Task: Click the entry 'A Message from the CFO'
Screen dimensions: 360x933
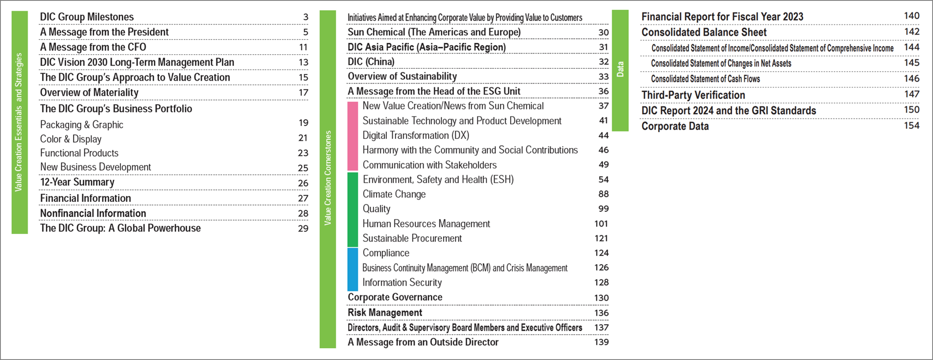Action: click(93, 47)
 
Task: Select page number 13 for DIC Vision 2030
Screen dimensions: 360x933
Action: click(303, 62)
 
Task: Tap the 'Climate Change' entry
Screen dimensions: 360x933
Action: click(394, 194)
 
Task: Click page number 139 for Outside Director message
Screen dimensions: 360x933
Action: click(601, 342)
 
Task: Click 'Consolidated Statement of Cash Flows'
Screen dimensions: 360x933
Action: click(705, 79)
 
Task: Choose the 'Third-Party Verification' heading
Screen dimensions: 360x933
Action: click(693, 95)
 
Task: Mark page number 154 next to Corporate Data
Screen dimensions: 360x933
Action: click(911, 126)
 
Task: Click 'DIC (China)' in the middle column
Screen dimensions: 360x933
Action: click(371, 62)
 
